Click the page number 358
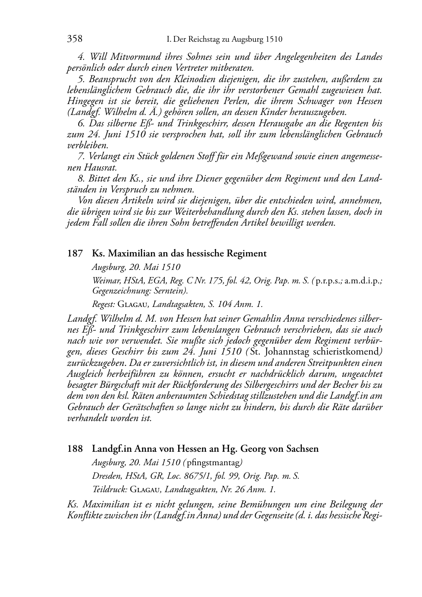pos(75,39)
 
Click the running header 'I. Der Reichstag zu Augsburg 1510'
pos(224,40)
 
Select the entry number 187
pos(74,253)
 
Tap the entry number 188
pos(74,449)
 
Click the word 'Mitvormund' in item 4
pos(131,57)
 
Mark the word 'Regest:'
pos(103,304)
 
